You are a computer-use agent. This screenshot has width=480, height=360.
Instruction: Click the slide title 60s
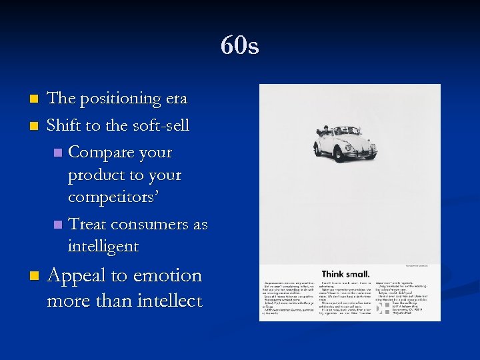pos(240,46)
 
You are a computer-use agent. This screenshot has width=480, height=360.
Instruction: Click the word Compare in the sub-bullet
pos(100,152)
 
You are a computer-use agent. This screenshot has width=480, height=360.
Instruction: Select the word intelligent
pos(103,247)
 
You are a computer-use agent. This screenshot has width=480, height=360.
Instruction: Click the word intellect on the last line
pos(169,301)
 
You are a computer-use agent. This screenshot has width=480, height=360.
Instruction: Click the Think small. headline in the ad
pos(345,273)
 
